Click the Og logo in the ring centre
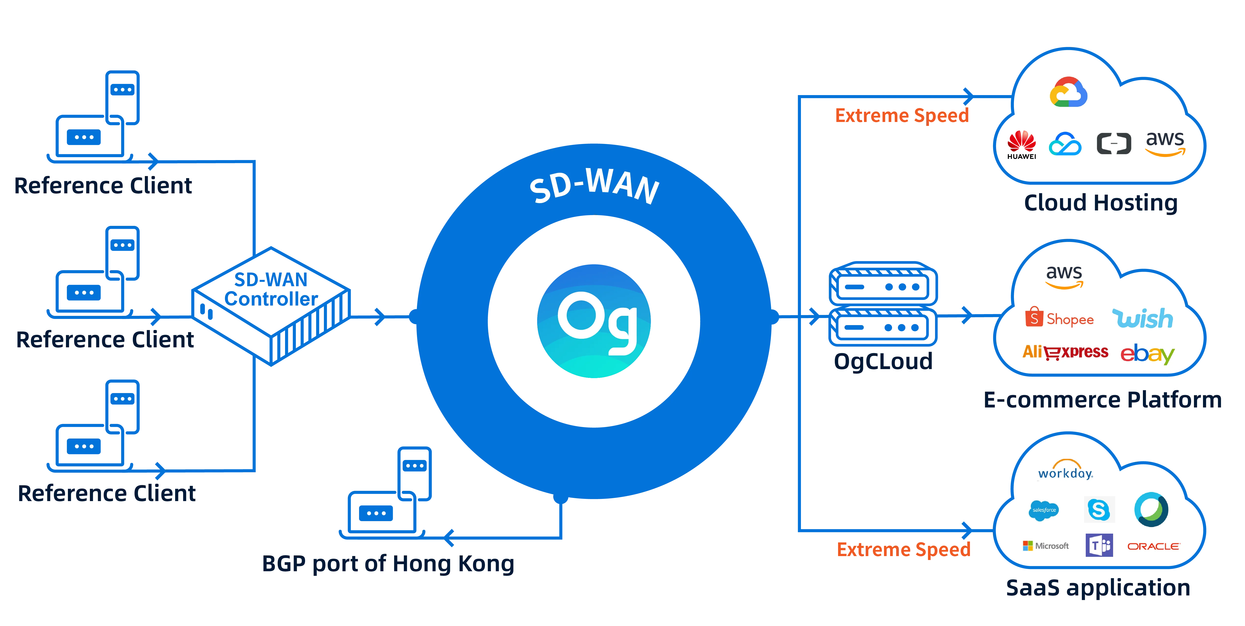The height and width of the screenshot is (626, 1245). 594,321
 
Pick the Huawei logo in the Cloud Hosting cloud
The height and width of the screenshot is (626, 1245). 1021,144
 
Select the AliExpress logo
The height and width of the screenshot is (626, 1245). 1065,352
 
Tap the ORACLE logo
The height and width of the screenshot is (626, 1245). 1153,546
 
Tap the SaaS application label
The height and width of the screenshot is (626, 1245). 1098,588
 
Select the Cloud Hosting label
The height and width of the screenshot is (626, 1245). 1100,202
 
